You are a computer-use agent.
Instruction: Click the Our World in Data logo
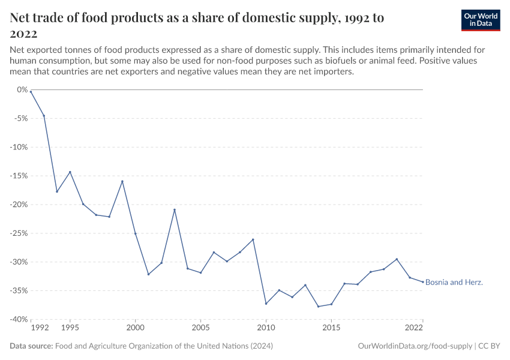480,20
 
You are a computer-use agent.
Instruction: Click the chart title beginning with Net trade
197,25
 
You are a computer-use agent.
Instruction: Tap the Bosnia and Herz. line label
454,282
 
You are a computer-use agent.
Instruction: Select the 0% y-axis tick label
22,89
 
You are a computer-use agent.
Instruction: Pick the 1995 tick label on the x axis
70,328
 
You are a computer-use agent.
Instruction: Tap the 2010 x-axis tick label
266,328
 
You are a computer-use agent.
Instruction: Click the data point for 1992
31,91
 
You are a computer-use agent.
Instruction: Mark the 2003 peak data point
175,209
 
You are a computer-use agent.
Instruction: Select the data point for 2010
266,304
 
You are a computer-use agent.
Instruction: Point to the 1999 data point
122,181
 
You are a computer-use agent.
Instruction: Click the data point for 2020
397,259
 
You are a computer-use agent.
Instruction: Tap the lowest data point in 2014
318,307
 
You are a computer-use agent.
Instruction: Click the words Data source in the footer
31,346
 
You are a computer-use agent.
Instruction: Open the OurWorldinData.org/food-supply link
415,346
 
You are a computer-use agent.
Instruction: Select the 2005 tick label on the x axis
200,328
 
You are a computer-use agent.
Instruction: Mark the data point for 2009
253,239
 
